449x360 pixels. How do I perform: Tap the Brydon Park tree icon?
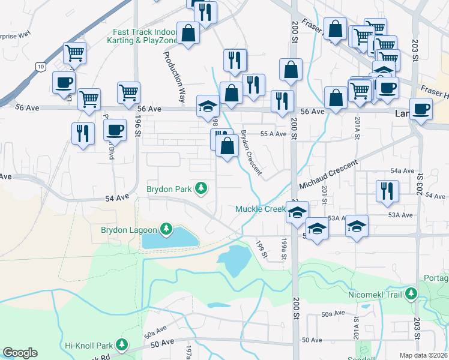point(202,189)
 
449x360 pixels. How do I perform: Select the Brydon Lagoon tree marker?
point(166,229)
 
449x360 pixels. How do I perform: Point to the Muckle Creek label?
point(259,209)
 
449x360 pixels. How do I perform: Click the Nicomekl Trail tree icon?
point(411,294)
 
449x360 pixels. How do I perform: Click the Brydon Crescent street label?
point(252,152)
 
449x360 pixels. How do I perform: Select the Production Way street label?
point(173,75)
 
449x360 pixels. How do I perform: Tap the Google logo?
point(20,353)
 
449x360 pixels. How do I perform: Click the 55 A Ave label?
point(273,134)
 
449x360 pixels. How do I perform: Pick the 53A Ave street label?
point(400,215)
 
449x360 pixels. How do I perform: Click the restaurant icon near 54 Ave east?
point(386,191)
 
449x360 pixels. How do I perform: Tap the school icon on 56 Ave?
point(208,107)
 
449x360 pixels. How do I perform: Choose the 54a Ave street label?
point(402,171)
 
